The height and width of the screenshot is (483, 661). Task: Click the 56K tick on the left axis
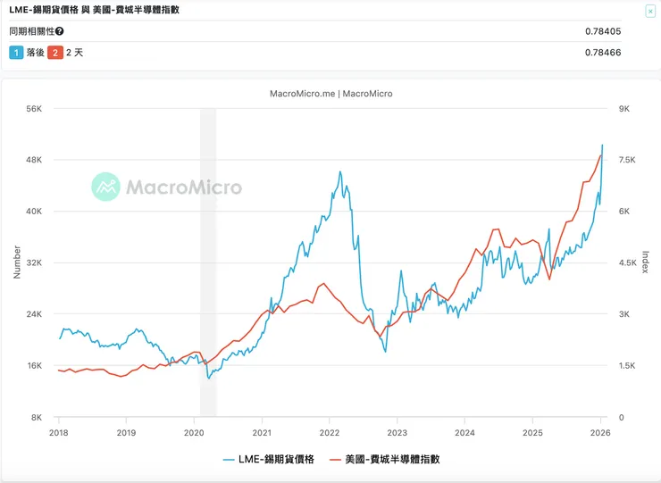[35, 109]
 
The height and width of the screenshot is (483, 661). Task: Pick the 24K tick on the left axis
[35, 314]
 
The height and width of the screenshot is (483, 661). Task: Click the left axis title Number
[16, 262]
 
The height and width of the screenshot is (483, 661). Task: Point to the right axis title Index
[645, 262]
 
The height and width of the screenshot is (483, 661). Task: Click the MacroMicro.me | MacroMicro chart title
[330, 93]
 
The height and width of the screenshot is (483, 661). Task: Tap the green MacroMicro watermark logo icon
[105, 187]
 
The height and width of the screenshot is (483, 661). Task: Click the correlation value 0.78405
[603, 31]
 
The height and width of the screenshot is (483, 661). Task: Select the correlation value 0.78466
[603, 53]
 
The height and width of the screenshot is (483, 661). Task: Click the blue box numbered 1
[15, 53]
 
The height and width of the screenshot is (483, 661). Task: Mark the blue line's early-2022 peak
[340, 171]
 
